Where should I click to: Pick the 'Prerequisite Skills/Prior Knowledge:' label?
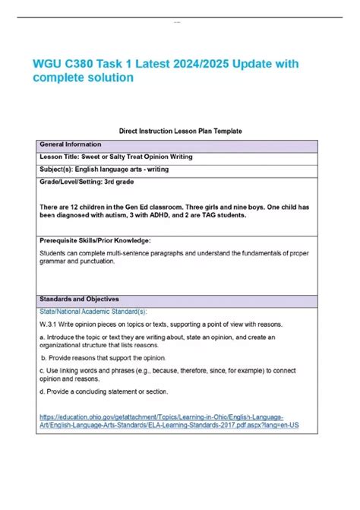[x=100, y=240]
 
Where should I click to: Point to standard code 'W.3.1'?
[x=49, y=325]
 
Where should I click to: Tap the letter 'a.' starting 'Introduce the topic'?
[x=43, y=337]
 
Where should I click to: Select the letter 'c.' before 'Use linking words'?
[x=43, y=370]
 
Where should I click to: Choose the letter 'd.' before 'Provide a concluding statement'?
[x=43, y=391]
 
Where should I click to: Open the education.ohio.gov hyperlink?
[x=163, y=421]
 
